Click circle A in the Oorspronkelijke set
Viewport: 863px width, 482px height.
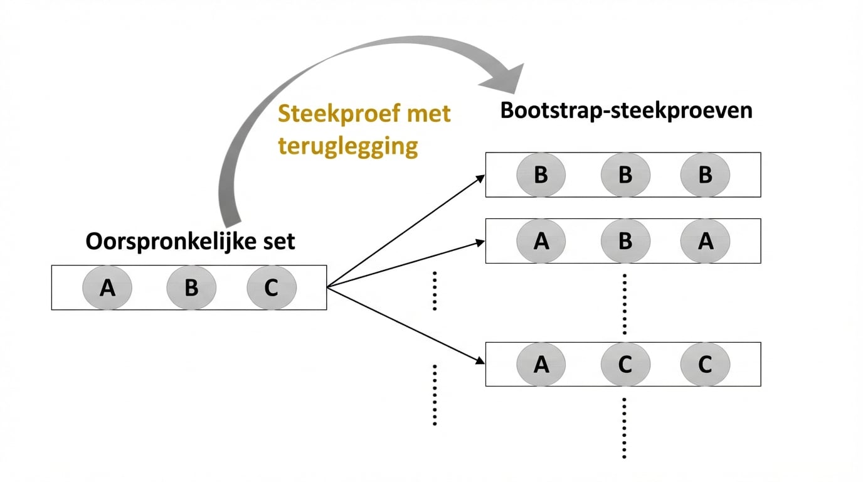[x=107, y=287]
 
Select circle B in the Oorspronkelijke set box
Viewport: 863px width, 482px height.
[x=191, y=287]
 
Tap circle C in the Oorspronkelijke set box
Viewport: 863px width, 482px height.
[x=272, y=287]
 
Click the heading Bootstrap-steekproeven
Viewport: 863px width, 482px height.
[x=625, y=110]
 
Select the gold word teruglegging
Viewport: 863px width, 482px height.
[x=348, y=146]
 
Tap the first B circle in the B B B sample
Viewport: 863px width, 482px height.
[x=541, y=174]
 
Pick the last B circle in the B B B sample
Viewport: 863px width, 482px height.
[x=705, y=174]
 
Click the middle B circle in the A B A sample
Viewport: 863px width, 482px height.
[x=625, y=241]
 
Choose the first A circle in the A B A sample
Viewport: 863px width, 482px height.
[x=541, y=241]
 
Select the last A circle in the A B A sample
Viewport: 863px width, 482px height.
[x=705, y=241]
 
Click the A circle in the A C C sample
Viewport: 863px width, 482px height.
[x=541, y=364]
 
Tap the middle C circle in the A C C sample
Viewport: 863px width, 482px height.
[x=625, y=364]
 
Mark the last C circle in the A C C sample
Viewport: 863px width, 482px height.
[x=705, y=364]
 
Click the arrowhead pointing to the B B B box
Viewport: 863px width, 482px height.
[x=480, y=178]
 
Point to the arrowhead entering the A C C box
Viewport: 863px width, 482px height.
[x=480, y=361]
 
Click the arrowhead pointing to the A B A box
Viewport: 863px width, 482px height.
[x=480, y=242]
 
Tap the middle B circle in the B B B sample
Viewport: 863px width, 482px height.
[x=625, y=174]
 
